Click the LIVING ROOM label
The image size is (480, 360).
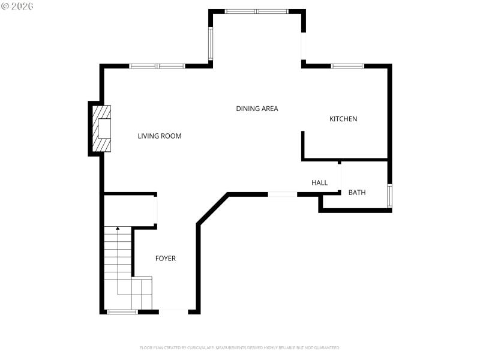pos(160,136)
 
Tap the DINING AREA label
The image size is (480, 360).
pos(257,109)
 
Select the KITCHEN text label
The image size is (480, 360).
pos(343,119)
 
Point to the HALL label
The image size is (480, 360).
pos(319,182)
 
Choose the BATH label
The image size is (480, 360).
pos(357,193)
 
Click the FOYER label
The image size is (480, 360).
pos(166,259)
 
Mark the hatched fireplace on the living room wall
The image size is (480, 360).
pos(102,128)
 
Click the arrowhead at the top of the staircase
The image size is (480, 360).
pos(118,229)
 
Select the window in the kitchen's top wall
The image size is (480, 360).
pos(347,66)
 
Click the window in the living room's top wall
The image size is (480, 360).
pos(157,66)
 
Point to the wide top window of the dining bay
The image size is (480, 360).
pos(257,11)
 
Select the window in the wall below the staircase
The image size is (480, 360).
pos(122,311)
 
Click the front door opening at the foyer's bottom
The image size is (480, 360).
pos(173,311)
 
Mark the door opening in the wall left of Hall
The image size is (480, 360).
pos(282,194)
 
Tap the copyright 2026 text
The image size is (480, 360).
pos(17,5)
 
